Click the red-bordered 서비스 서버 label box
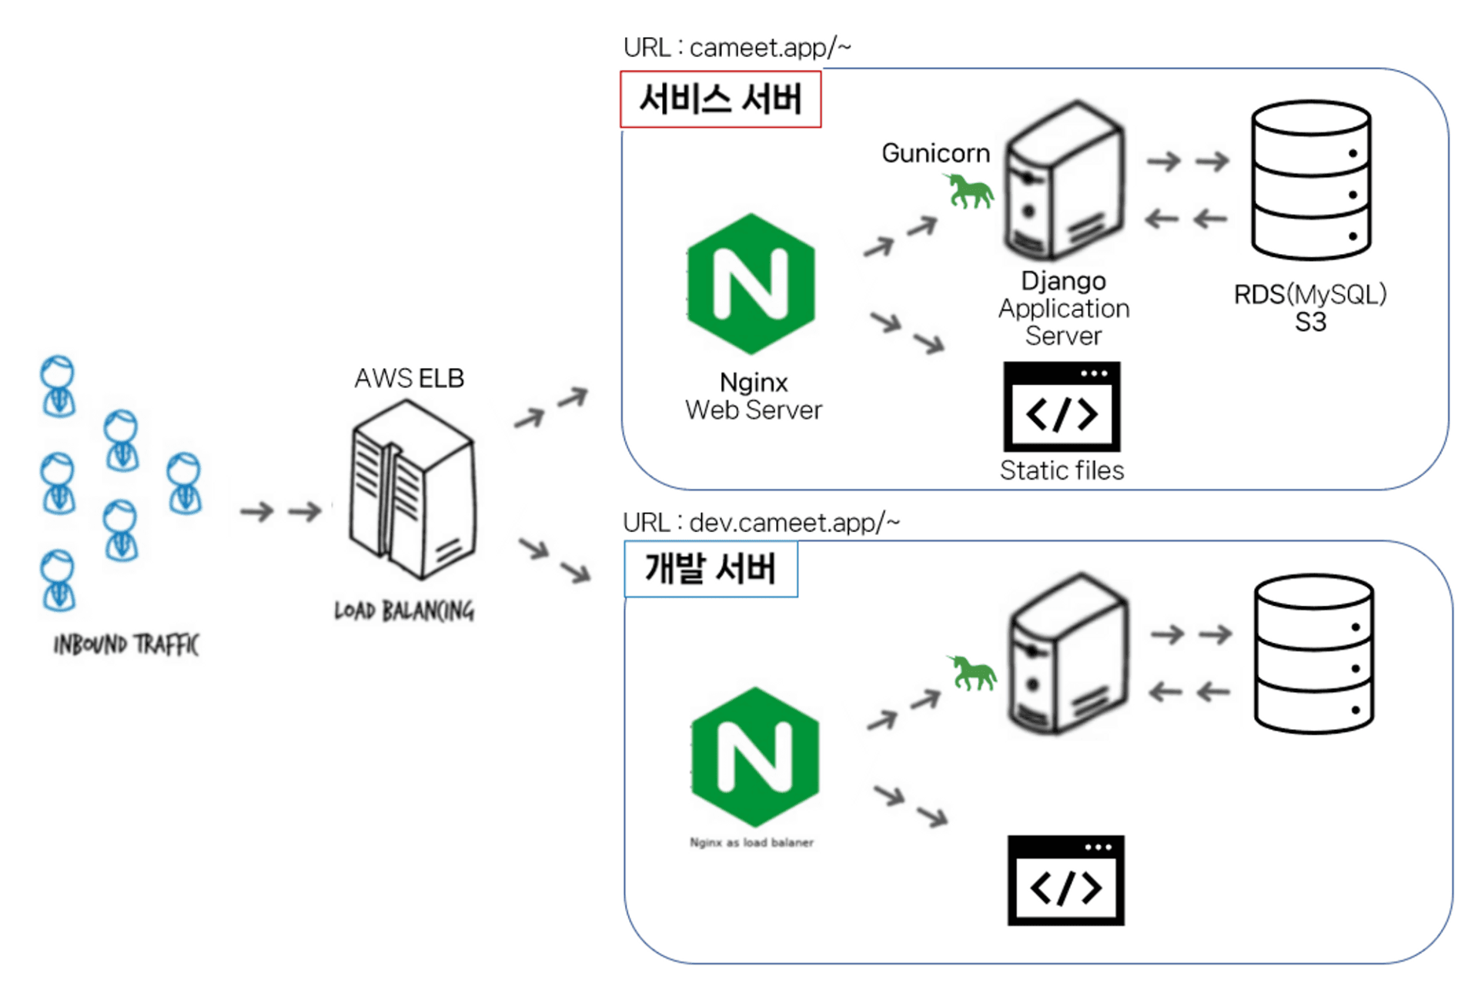tap(721, 99)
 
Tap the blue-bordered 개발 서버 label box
tap(711, 569)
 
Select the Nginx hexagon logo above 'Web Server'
tap(751, 284)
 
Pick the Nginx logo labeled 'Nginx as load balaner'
tap(755, 758)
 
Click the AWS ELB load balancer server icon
tap(413, 490)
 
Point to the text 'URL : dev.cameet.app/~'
tap(761, 523)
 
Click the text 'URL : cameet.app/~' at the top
tap(737, 48)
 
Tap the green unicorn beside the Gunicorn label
tap(970, 191)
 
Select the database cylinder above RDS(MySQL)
tap(1311, 180)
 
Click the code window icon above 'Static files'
tap(1062, 406)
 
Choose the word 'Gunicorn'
tap(935, 153)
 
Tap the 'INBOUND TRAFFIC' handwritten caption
tap(126, 644)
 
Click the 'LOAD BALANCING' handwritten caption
tap(404, 610)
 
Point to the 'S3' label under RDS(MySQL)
tap(1310, 322)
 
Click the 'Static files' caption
tap(1062, 470)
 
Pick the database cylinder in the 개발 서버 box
tap(1314, 654)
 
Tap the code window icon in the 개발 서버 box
tap(1066, 880)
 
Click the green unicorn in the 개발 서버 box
tap(973, 672)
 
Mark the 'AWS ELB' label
tap(409, 378)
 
